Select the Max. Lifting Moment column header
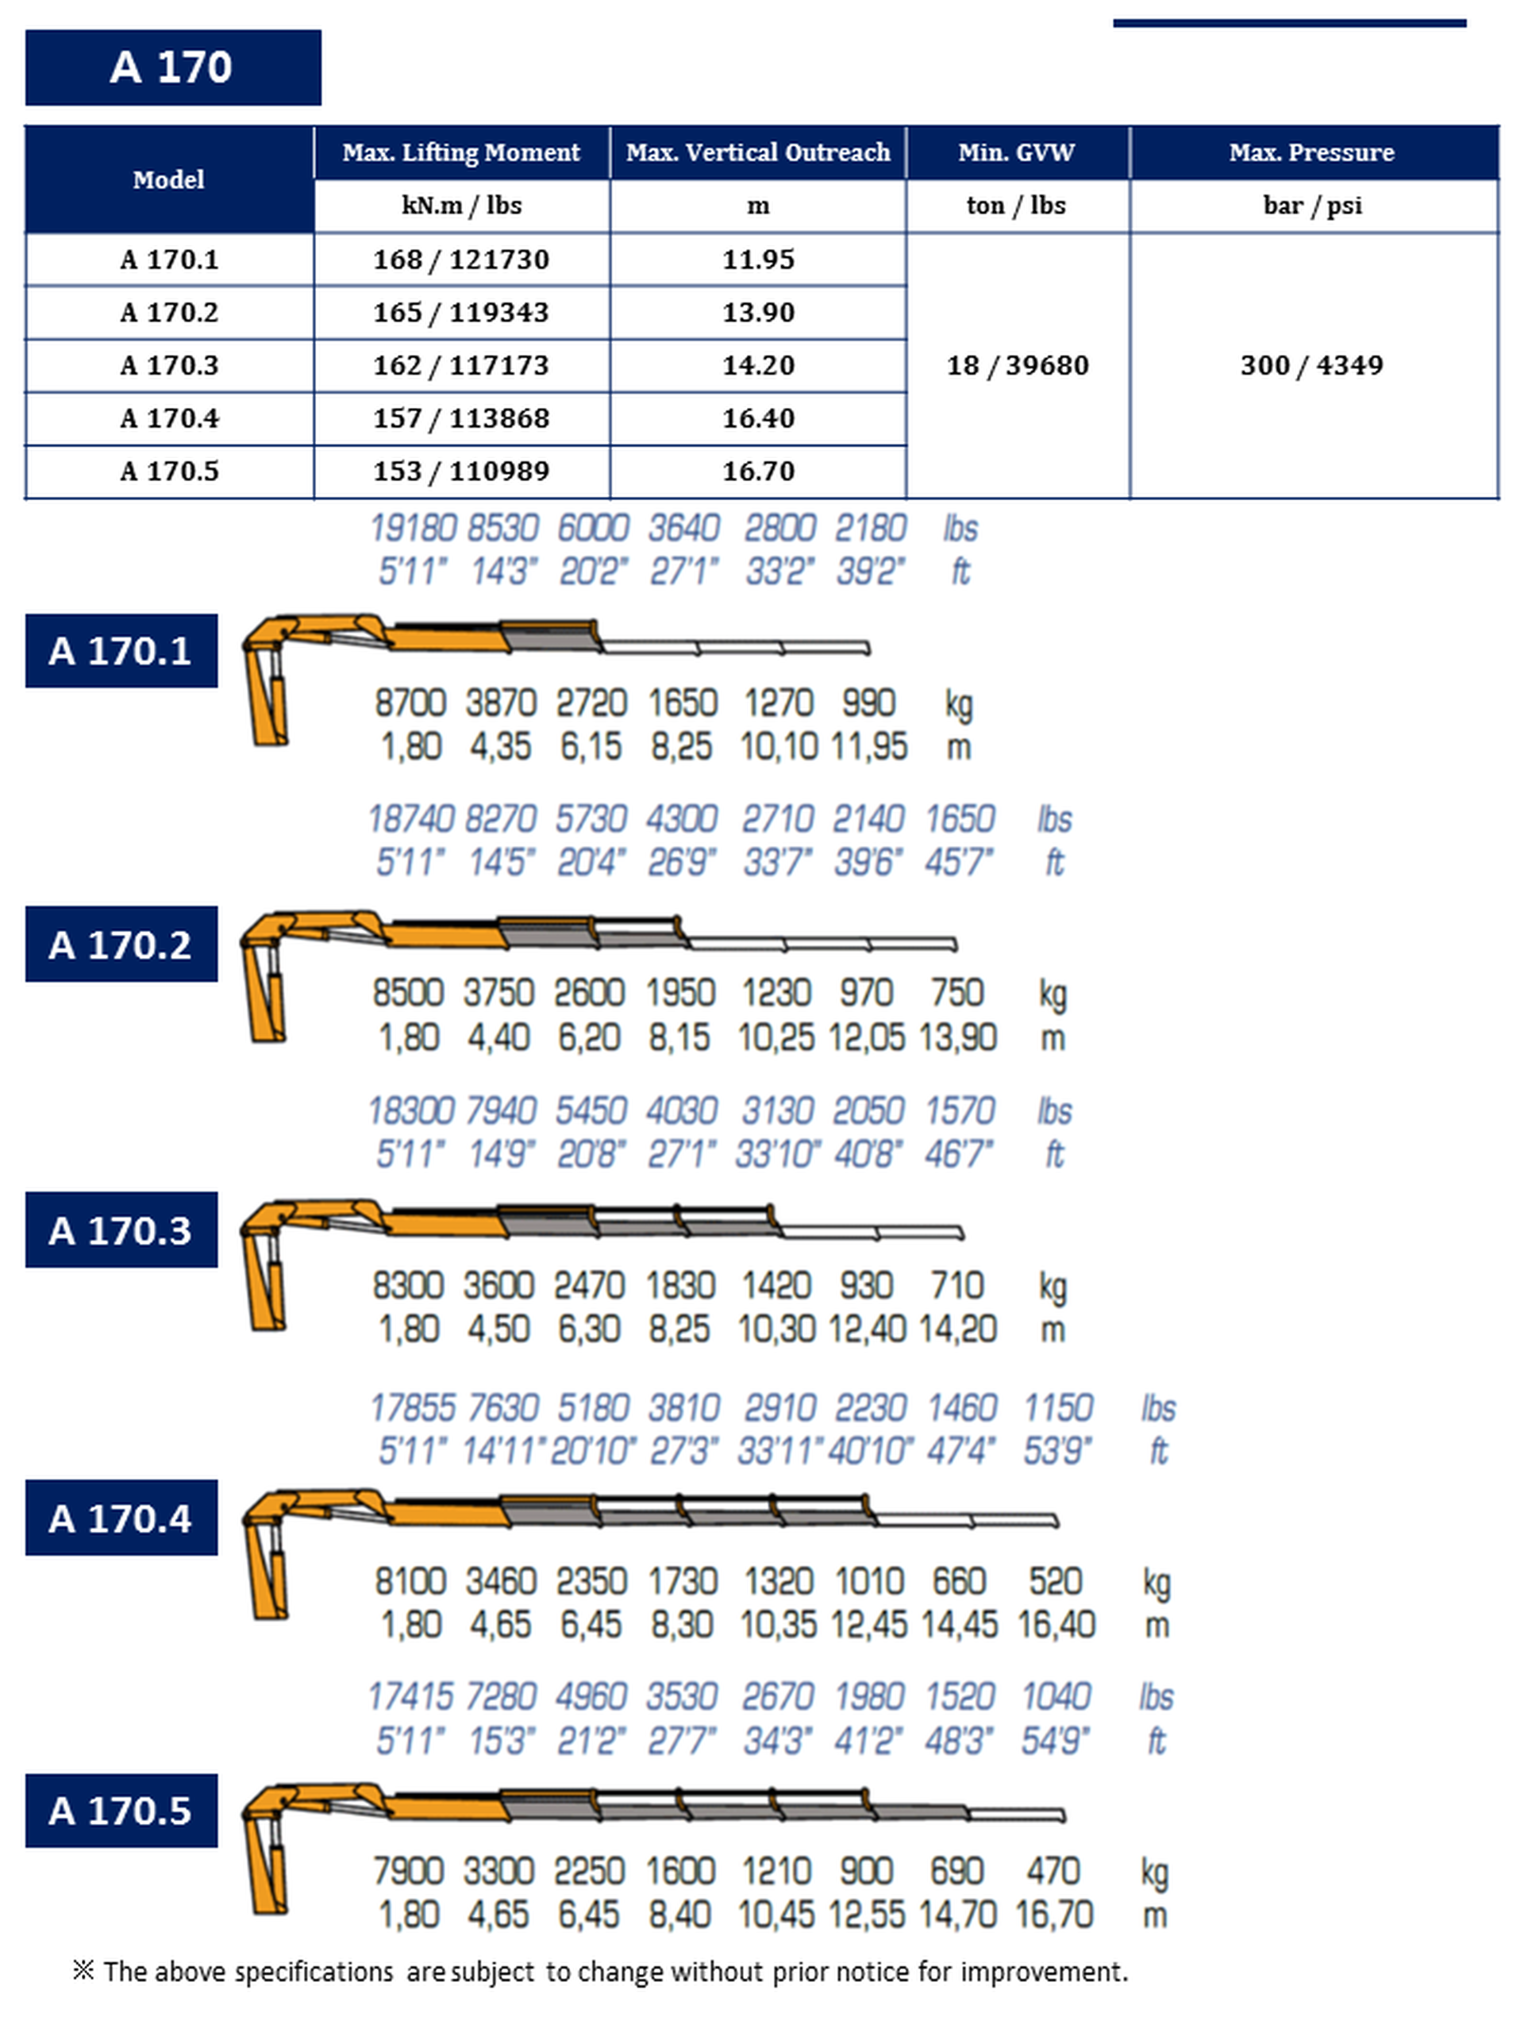coord(461,152)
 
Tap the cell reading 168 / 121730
coord(461,260)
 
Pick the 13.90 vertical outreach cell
coord(758,312)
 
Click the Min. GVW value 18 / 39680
coord(1017,366)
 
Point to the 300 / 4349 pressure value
coord(1312,366)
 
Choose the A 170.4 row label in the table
coord(169,419)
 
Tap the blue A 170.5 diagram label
coord(121,1811)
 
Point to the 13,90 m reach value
coord(957,1038)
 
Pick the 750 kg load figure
coord(957,993)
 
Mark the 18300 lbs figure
coord(410,1110)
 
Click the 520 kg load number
coord(1056,1581)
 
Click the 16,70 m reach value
coord(1053,1915)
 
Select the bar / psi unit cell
coord(1312,206)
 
